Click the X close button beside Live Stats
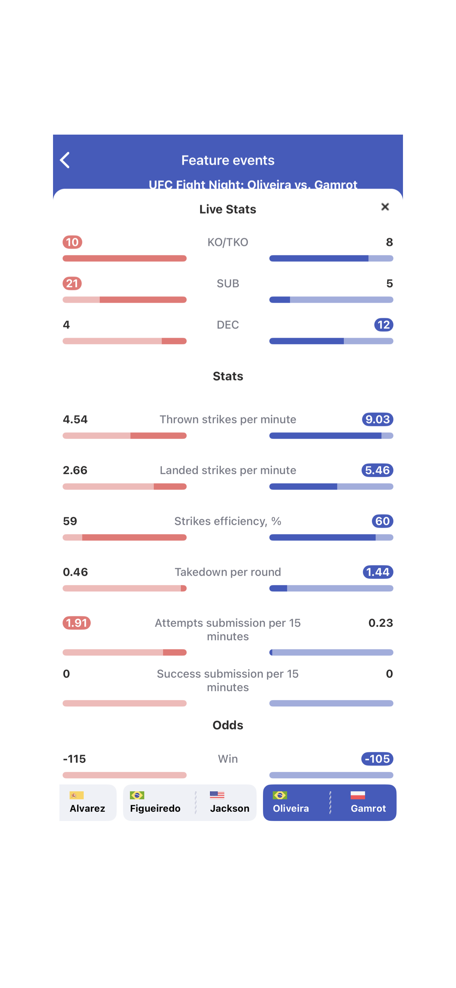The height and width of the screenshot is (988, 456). (x=385, y=207)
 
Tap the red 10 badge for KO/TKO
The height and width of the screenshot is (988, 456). (x=72, y=242)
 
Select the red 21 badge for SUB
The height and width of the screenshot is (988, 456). (x=72, y=283)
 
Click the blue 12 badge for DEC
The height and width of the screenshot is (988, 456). (x=384, y=325)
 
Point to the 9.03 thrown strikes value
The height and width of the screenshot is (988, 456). (x=377, y=419)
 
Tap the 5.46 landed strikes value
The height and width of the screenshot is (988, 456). (x=377, y=470)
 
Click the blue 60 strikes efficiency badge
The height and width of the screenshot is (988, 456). (x=382, y=521)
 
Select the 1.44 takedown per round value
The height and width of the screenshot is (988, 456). (x=378, y=572)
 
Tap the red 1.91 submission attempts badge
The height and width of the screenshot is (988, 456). (x=77, y=623)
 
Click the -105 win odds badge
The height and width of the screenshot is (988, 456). (x=377, y=759)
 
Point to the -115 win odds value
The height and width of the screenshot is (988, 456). (x=75, y=759)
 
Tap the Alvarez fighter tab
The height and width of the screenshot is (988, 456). (x=88, y=803)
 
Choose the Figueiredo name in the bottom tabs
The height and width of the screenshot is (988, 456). (x=155, y=808)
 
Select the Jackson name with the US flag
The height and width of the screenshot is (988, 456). (x=229, y=808)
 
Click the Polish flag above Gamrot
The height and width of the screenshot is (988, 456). (x=357, y=795)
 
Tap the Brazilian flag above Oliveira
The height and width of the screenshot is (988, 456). (x=280, y=795)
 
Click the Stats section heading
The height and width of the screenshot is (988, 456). (x=228, y=376)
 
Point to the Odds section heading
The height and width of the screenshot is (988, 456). (x=228, y=725)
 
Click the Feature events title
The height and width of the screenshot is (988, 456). (x=228, y=160)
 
